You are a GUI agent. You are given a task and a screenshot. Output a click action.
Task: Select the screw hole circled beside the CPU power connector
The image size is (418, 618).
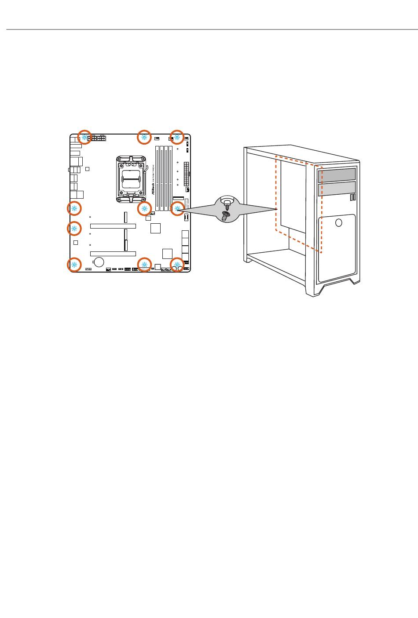(84, 137)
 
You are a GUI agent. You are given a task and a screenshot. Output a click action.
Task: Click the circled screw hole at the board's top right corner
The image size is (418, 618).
(177, 137)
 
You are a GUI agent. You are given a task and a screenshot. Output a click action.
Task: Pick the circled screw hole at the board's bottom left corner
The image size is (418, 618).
(74, 265)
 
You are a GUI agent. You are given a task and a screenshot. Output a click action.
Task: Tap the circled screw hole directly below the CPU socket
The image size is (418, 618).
(144, 208)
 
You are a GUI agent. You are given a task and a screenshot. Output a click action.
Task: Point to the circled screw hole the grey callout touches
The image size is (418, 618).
(177, 208)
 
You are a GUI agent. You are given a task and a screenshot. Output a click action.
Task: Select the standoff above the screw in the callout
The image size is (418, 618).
(227, 203)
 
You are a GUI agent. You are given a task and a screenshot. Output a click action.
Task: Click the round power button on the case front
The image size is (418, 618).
(338, 223)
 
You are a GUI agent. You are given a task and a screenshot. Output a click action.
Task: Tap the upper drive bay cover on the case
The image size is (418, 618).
(337, 174)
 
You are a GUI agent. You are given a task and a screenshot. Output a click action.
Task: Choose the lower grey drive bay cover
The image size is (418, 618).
(337, 190)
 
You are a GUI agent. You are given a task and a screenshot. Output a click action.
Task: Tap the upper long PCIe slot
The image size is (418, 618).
(113, 226)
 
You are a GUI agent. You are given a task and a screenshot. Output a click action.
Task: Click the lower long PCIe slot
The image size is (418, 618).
(113, 254)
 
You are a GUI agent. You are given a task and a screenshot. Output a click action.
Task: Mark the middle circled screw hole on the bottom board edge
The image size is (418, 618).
(144, 264)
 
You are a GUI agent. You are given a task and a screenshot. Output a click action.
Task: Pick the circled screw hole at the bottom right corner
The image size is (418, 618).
(177, 265)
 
